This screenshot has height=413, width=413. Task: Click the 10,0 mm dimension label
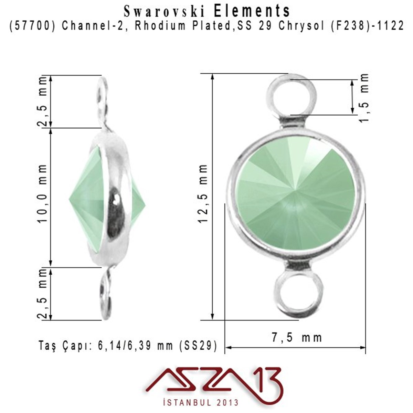43,193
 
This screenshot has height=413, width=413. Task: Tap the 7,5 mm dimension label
297,338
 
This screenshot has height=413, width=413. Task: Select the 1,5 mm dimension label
364,97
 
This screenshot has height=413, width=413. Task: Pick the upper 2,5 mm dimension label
43,101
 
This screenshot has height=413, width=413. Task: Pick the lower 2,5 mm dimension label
43,294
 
